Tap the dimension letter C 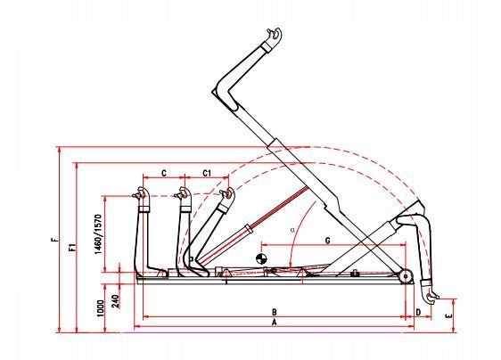click(x=164, y=171)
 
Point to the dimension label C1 click(x=206, y=171)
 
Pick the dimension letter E click(x=451, y=315)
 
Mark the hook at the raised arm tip click(x=275, y=35)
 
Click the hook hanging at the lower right click(x=431, y=292)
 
